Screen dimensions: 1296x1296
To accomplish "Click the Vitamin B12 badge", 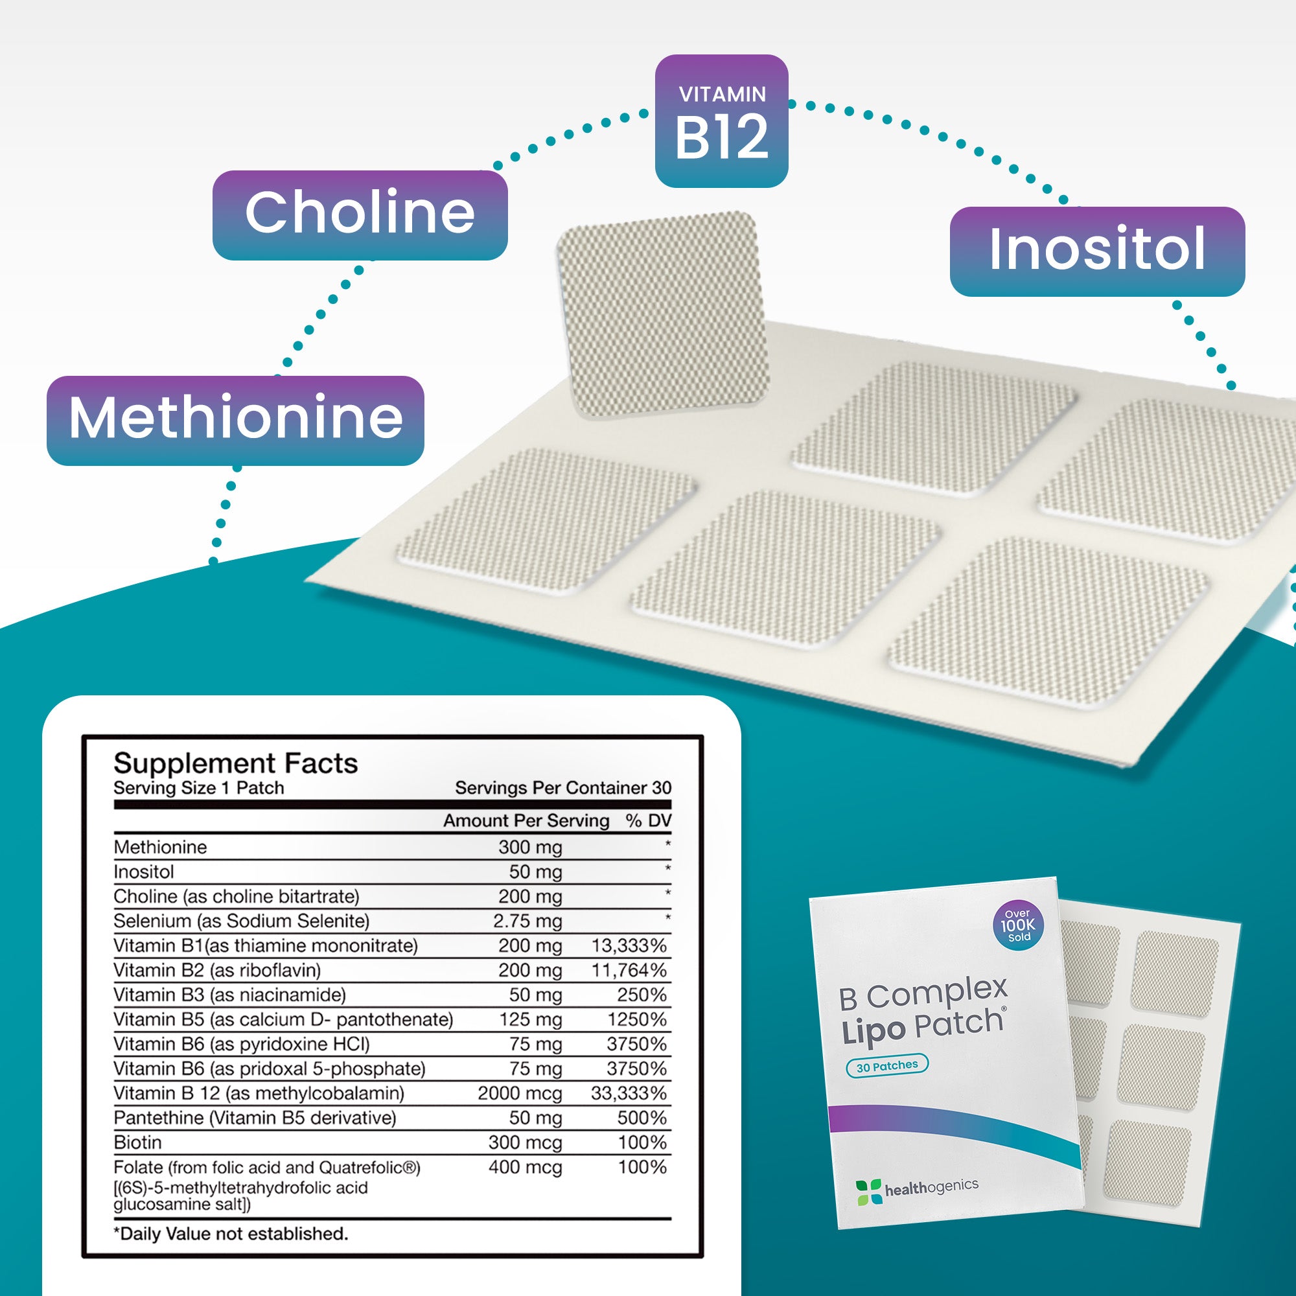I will coord(721,121).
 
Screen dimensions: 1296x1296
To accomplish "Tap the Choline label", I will coord(360,214).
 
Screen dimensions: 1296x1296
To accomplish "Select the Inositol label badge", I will coord(1097,251).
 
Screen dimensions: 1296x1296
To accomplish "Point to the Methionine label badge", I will coord(235,420).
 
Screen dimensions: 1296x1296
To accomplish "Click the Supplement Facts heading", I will coord(235,763).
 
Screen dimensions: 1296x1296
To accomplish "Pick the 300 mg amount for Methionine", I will coord(529,847).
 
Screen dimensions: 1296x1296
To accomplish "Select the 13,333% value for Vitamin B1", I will coord(629,946).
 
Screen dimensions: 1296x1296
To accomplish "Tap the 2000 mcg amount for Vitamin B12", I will coord(519,1093).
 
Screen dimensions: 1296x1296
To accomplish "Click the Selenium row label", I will coord(241,921).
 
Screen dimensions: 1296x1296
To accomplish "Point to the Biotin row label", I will coord(137,1142).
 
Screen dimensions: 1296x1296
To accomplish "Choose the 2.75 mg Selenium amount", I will coord(527,921).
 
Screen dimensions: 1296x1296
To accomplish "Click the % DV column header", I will coord(648,820).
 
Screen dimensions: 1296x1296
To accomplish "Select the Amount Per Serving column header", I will coord(526,820).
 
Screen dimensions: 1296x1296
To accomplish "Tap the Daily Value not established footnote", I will coord(231,1234).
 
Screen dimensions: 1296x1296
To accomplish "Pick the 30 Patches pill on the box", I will coord(887,1065).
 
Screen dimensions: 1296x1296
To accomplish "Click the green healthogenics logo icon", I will coord(868,1192).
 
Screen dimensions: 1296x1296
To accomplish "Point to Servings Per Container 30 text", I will coord(563,787).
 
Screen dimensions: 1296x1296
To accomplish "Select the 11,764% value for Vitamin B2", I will coord(629,971).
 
